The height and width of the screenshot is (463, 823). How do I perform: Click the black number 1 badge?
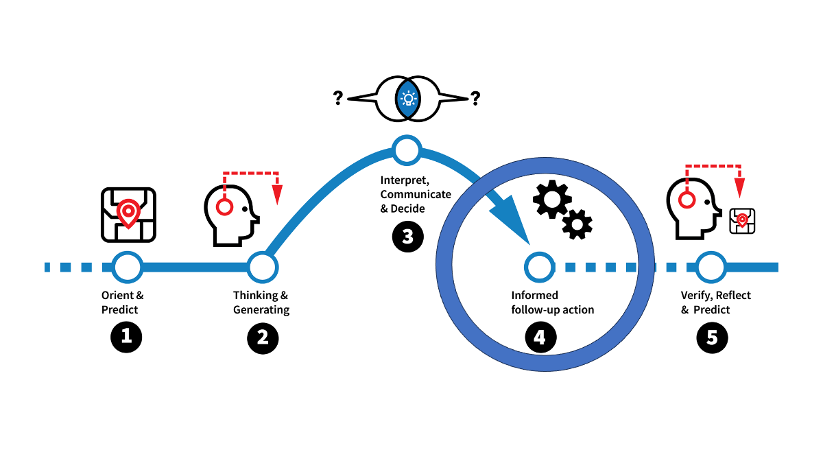pyautogui.click(x=126, y=337)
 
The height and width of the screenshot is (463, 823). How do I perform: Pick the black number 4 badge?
pyautogui.click(x=540, y=337)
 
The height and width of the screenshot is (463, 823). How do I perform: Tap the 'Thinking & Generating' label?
pyautogui.click(x=261, y=302)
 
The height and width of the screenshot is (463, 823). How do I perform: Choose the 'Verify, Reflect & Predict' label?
pyautogui.click(x=715, y=302)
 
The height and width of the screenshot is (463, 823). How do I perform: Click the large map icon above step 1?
pyautogui.click(x=128, y=215)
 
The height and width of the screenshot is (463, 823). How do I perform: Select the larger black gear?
pyautogui.click(x=551, y=198)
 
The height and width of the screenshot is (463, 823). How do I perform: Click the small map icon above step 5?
pyautogui.click(x=741, y=221)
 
